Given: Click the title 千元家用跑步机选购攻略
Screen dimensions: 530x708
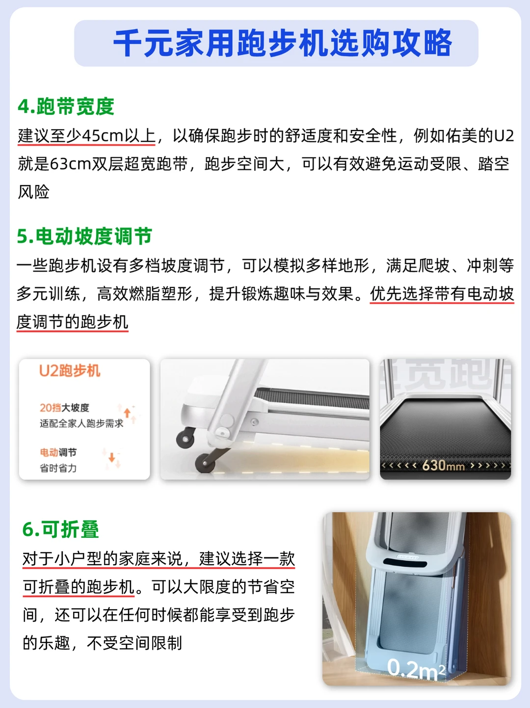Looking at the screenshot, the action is [x=283, y=43].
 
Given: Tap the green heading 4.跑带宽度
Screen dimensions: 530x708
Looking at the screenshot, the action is [x=66, y=106].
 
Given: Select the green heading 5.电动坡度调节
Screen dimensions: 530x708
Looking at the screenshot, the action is [x=84, y=236].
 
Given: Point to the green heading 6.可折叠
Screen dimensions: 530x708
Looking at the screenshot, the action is [x=61, y=529].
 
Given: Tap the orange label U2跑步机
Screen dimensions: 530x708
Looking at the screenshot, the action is [x=70, y=371].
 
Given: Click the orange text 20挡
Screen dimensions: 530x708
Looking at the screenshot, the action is [x=51, y=408].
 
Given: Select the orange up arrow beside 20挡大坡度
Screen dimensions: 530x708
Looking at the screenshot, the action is [x=127, y=413].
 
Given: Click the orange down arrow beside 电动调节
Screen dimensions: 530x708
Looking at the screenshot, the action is [x=111, y=457].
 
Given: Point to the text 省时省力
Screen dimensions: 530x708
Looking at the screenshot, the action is [x=58, y=468].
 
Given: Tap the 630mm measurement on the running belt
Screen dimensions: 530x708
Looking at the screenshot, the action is [x=443, y=466].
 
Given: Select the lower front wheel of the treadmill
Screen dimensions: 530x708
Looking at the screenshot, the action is [x=205, y=463].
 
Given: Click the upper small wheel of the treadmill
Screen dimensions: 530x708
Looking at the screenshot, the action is [x=185, y=439].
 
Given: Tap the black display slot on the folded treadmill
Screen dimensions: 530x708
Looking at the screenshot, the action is [x=405, y=563].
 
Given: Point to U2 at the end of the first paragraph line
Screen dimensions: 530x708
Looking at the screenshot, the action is [x=504, y=136].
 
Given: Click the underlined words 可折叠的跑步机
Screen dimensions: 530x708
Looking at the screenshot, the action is [x=79, y=587].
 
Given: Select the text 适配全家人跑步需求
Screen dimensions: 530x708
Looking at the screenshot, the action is [x=81, y=423].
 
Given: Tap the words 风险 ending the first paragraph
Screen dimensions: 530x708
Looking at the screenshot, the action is [x=33, y=192].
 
